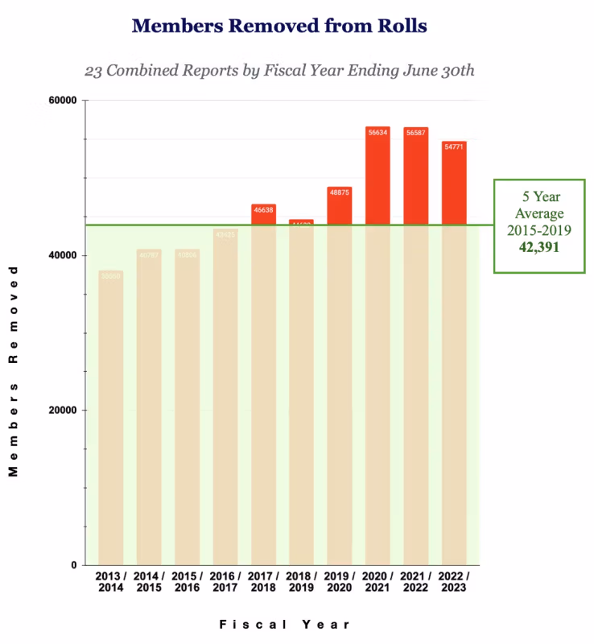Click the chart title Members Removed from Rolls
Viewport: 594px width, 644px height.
(279, 26)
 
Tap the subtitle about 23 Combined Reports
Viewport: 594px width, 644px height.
(279, 70)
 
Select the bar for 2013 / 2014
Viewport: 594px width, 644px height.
(111, 419)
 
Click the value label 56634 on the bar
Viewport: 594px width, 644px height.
(377, 132)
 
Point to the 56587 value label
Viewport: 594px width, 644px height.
(416, 132)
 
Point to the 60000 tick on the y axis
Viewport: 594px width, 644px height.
(62, 101)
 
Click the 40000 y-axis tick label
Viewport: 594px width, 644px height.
(62, 255)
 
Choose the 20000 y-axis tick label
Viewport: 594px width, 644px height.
(62, 410)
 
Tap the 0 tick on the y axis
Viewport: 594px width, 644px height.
(73, 565)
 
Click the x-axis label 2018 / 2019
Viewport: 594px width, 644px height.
(301, 582)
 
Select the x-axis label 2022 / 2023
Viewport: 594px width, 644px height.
(454, 582)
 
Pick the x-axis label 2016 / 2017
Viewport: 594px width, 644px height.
(225, 582)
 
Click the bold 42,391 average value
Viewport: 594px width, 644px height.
(538, 247)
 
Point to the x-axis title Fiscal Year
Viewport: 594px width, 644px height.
(284, 624)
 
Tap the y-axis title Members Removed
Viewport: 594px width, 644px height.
(14, 370)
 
